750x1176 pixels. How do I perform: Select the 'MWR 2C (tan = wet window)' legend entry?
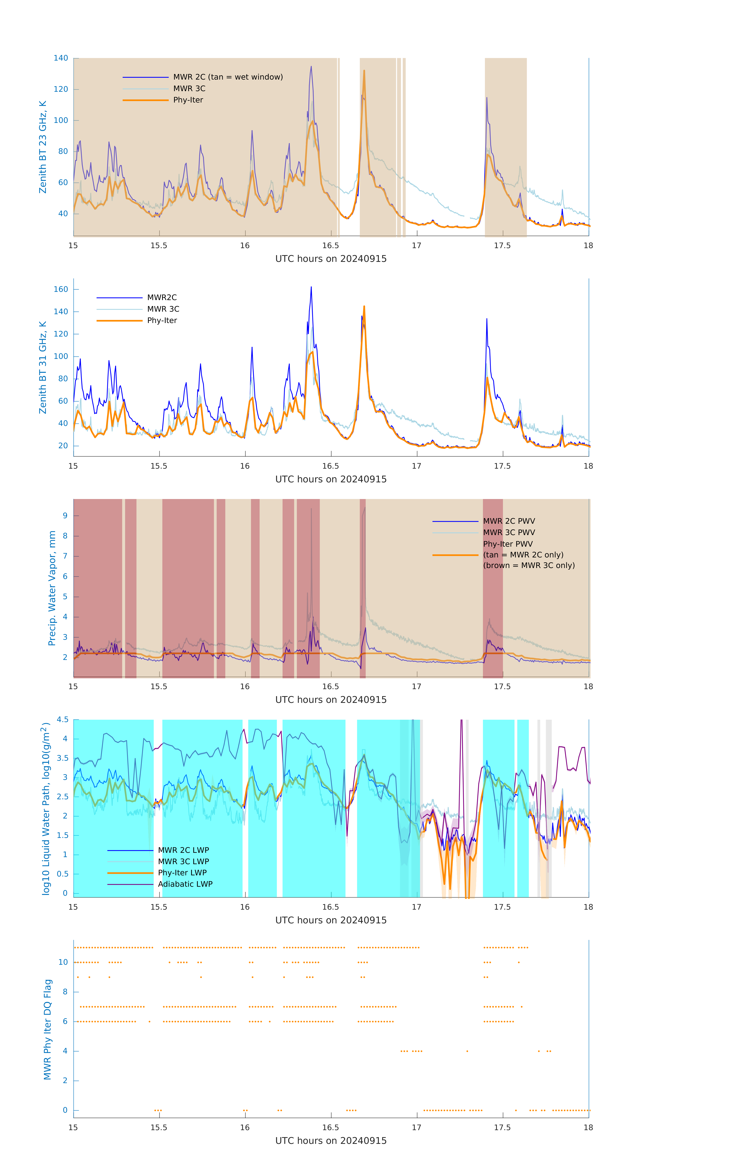(x=228, y=77)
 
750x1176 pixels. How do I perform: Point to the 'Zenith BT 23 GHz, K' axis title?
(x=43, y=147)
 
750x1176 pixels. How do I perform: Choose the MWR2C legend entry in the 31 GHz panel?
(x=162, y=297)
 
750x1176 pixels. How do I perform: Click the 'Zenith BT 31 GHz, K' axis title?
(x=43, y=367)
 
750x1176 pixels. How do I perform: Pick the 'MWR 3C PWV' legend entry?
(x=509, y=532)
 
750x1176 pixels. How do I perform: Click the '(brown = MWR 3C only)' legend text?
(x=529, y=565)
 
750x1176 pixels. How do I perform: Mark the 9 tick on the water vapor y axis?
(x=65, y=516)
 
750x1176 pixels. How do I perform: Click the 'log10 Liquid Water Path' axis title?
(x=46, y=808)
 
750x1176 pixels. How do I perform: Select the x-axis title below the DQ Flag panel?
(x=331, y=1141)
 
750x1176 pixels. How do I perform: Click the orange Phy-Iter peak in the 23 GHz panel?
(x=364, y=71)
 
